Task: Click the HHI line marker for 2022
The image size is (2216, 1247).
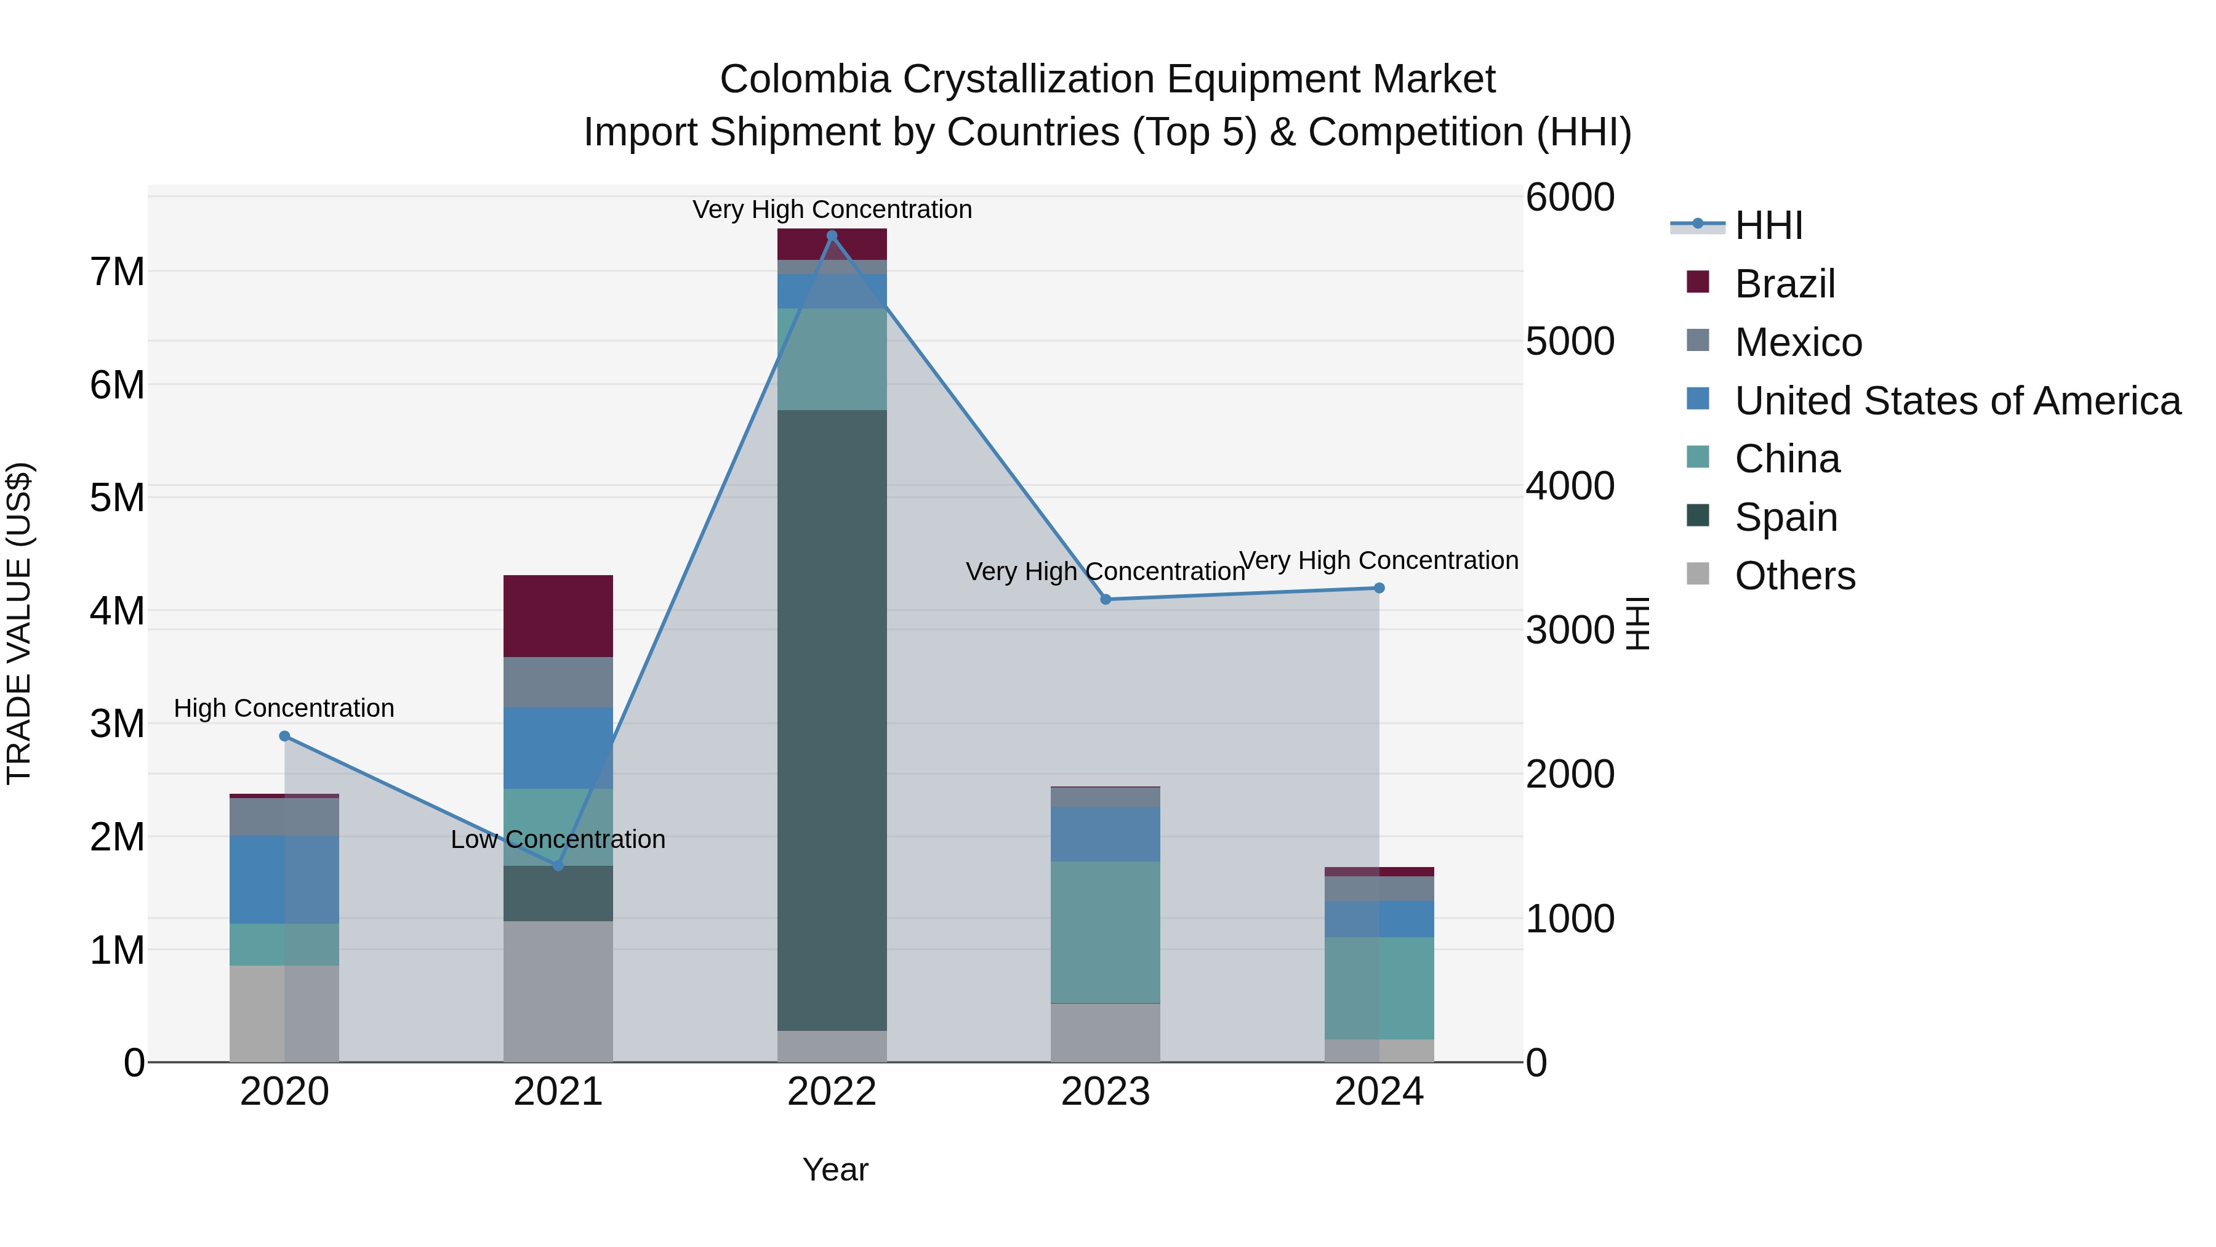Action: point(832,236)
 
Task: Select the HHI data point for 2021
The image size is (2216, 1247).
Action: point(558,866)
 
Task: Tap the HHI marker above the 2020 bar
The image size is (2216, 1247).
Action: point(285,736)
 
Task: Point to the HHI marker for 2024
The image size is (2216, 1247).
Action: point(1379,588)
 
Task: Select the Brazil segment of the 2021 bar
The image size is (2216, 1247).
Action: point(558,616)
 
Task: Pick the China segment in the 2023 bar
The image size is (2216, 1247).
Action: point(1106,932)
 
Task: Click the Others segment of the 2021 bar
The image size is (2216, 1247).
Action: point(558,991)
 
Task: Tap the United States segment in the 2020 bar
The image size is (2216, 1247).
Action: point(285,879)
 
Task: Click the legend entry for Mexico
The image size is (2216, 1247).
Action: point(1798,342)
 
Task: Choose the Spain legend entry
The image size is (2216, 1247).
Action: point(1786,517)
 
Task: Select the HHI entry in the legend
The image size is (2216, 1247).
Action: point(1768,225)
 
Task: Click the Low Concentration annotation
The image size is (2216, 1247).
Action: point(558,839)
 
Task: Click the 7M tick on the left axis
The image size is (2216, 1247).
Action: point(117,272)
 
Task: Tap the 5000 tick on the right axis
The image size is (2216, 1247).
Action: point(1570,342)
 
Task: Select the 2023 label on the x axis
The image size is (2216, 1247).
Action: point(1106,1092)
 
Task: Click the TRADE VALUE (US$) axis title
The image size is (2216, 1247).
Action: point(20,623)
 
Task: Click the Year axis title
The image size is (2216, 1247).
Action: point(835,1169)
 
